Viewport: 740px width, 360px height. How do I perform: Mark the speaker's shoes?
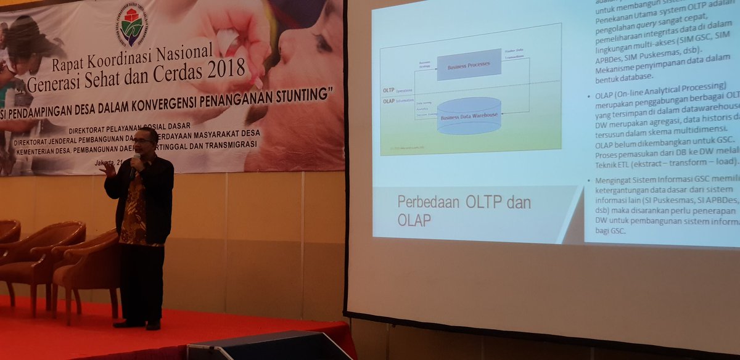click(x=138, y=323)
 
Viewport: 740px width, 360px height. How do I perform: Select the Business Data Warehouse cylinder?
click(x=469, y=115)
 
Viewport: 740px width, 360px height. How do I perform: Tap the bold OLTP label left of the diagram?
click(x=388, y=90)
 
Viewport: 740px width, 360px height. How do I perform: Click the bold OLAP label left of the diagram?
click(x=388, y=101)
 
